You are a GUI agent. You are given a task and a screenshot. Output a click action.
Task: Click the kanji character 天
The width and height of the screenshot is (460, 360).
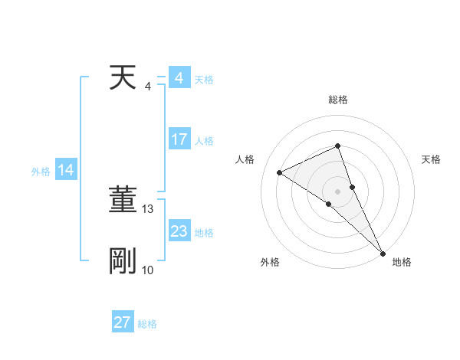pyautogui.click(x=123, y=78)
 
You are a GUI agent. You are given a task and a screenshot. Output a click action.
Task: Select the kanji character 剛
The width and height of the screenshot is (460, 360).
pyautogui.click(x=123, y=261)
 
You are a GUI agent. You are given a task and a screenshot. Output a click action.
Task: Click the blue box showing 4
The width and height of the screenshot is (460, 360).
pyautogui.click(x=179, y=78)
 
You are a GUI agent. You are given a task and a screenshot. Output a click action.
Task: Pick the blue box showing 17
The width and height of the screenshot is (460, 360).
pyautogui.click(x=179, y=139)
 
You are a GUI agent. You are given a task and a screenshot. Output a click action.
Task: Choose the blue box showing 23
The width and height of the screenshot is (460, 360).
pyautogui.click(x=179, y=231)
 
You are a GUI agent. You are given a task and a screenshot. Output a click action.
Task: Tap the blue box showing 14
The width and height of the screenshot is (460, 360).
pyautogui.click(x=66, y=171)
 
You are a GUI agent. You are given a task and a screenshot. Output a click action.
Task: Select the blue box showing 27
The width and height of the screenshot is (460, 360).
pyautogui.click(x=123, y=322)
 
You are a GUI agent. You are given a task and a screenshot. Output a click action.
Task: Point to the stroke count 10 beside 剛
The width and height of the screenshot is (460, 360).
pyautogui.click(x=148, y=270)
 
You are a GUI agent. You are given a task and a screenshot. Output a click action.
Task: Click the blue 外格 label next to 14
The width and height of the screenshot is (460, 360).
pyautogui.click(x=41, y=172)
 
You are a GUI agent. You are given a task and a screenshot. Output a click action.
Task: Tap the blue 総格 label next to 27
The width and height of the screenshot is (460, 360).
pyautogui.click(x=147, y=324)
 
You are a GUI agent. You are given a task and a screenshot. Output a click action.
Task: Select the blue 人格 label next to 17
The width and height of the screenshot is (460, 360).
pyautogui.click(x=204, y=141)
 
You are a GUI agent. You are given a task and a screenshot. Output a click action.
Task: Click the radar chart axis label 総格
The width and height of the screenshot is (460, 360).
pyautogui.click(x=338, y=100)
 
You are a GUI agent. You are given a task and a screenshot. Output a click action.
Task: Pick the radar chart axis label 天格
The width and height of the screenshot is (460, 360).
pyautogui.click(x=431, y=159)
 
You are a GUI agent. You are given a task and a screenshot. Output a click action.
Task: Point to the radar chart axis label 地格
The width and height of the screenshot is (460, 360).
pyautogui.click(x=402, y=262)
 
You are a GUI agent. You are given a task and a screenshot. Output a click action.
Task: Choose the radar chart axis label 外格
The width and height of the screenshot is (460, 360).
pyautogui.click(x=270, y=262)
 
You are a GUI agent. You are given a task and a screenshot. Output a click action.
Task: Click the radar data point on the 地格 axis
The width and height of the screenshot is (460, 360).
pyautogui.click(x=383, y=252)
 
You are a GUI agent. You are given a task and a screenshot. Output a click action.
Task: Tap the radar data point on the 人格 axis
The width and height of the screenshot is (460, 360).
pyautogui.click(x=280, y=172)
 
